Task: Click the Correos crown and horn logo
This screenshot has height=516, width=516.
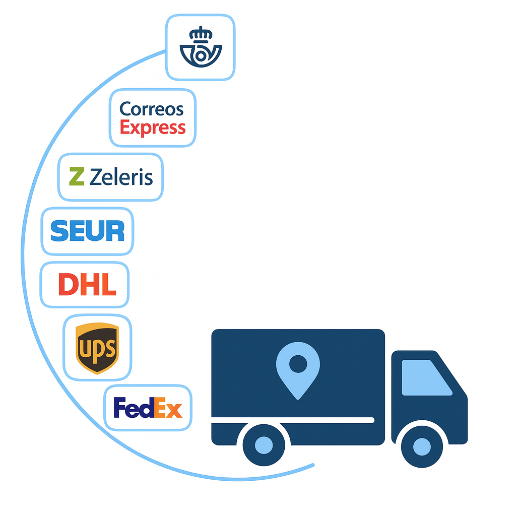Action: [200, 47]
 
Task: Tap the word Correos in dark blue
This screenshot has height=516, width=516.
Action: [152, 108]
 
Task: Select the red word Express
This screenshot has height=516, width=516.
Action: [153, 127]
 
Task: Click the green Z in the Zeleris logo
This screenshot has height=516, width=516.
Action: [77, 177]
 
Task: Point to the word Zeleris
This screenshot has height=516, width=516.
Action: [121, 177]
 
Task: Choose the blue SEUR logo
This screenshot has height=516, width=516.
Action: [88, 231]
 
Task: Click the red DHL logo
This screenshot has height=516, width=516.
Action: [87, 285]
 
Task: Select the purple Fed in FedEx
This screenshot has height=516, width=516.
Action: [133, 408]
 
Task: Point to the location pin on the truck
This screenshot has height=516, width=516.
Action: [298, 368]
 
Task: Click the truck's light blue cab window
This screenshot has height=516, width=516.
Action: [425, 377]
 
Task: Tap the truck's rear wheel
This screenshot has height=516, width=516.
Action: [264, 445]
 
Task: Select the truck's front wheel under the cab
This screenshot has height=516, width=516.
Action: [422, 446]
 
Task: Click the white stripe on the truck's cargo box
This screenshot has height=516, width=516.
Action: [292, 420]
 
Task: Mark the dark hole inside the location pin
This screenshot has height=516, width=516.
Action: [298, 363]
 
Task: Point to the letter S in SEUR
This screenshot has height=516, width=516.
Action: [59, 231]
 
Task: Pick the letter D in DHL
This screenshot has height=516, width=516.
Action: [68, 285]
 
